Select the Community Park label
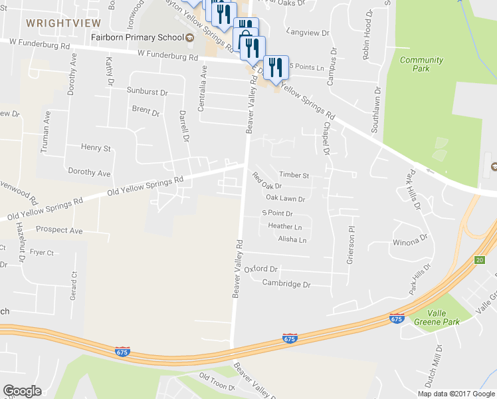[421, 65]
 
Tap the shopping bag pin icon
[246, 39]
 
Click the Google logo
[23, 391]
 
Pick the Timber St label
[294, 176]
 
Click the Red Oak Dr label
[267, 182]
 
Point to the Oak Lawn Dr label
[285, 198]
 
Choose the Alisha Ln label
[292, 239]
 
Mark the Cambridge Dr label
[286, 284]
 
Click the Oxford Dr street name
[260, 269]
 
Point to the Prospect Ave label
[59, 231]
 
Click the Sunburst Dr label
[148, 92]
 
